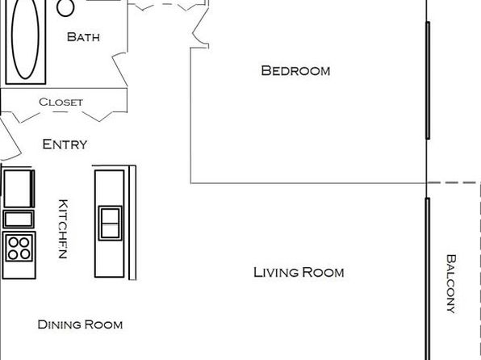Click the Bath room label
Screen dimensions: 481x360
(83, 37)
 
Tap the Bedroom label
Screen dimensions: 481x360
(295, 70)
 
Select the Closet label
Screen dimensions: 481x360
(61, 102)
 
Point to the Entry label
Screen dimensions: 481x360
(65, 144)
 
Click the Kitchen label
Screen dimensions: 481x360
(63, 229)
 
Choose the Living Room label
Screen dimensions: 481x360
(299, 272)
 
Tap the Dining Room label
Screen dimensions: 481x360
(80, 324)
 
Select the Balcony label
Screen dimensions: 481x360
(450, 283)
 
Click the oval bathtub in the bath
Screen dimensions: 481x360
(26, 40)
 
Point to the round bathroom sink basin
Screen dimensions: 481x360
(65, 8)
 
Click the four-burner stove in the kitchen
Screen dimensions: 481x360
(19, 249)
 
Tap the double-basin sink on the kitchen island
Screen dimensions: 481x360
(110, 223)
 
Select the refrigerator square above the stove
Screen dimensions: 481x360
(19, 188)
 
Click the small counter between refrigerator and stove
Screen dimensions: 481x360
(19, 219)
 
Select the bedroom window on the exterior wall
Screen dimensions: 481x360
(428, 81)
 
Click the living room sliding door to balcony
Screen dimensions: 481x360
(428, 278)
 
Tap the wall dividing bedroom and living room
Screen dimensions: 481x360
(308, 183)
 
